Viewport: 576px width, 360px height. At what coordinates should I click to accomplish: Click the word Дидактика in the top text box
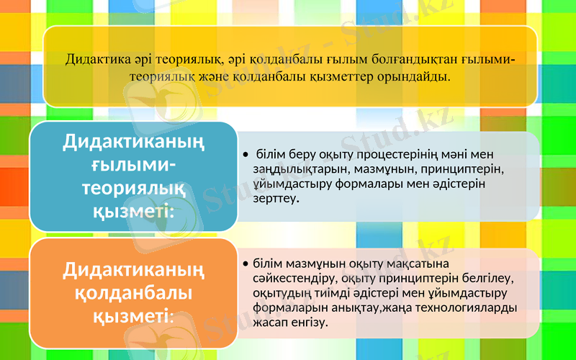point(93,58)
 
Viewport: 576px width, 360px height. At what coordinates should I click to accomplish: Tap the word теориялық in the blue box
point(134,189)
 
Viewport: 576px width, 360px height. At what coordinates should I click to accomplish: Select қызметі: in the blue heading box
point(134,212)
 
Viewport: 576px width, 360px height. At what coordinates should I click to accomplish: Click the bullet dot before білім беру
point(246,155)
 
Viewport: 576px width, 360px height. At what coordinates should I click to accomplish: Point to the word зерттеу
point(276,200)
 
